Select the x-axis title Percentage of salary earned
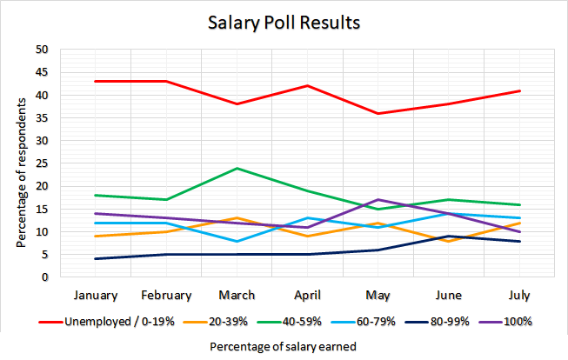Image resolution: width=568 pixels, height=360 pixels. tap(284, 345)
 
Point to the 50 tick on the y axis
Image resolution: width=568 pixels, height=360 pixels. tap(41, 50)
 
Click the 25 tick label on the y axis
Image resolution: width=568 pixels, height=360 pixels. tap(41, 163)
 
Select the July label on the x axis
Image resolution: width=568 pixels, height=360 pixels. tap(519, 294)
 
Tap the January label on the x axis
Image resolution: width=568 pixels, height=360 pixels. tap(96, 294)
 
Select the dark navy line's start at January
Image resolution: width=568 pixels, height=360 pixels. tap(96, 259)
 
